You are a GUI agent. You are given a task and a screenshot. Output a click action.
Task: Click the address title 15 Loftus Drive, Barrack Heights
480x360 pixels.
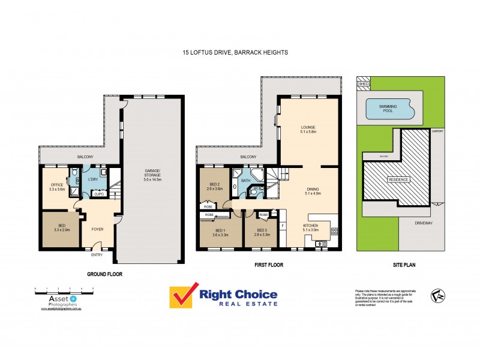click(x=235, y=53)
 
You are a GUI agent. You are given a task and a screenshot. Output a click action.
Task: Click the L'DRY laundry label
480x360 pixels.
click(x=93, y=179)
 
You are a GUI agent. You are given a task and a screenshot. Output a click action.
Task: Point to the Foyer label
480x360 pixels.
click(x=97, y=229)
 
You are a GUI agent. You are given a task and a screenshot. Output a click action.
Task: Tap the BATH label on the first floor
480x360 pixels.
click(x=245, y=180)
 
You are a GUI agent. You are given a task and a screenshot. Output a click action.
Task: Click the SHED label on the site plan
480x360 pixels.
click(x=363, y=85)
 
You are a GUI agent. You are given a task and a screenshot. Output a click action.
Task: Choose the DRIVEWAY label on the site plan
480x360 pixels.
click(x=424, y=224)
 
